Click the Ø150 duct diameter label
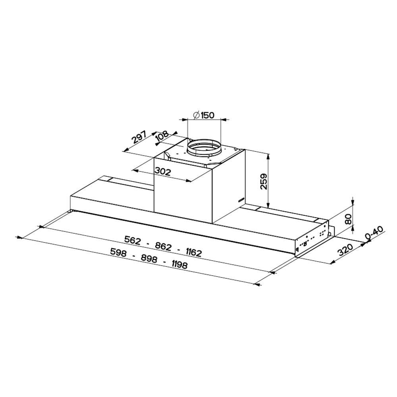[204, 116]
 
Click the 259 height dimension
[264, 181]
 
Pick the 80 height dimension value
[349, 219]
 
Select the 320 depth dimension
[345, 250]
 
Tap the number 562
[133, 240]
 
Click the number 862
[163, 246]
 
